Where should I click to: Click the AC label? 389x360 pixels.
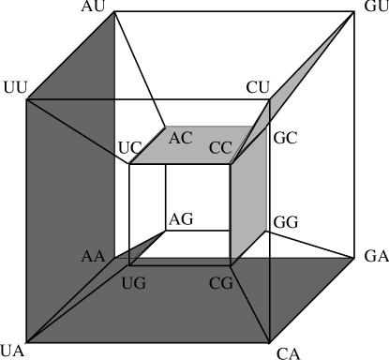[180, 138]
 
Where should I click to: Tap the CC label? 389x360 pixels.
[220, 147]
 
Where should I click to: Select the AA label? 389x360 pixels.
[93, 256]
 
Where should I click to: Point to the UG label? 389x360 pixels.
[134, 282]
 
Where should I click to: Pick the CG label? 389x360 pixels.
[221, 282]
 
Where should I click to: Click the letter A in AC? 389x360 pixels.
[174, 138]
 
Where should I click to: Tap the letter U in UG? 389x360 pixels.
[128, 282]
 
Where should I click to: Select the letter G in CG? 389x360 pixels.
[227, 282]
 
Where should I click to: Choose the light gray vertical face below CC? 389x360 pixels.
[248, 197]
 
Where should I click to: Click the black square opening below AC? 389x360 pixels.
[178, 211]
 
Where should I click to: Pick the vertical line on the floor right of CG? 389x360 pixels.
[270, 300]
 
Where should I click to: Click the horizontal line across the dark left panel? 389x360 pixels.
[70, 98]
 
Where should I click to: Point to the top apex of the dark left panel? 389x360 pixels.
[113, 15]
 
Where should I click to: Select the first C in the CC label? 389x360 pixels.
[215, 147]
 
